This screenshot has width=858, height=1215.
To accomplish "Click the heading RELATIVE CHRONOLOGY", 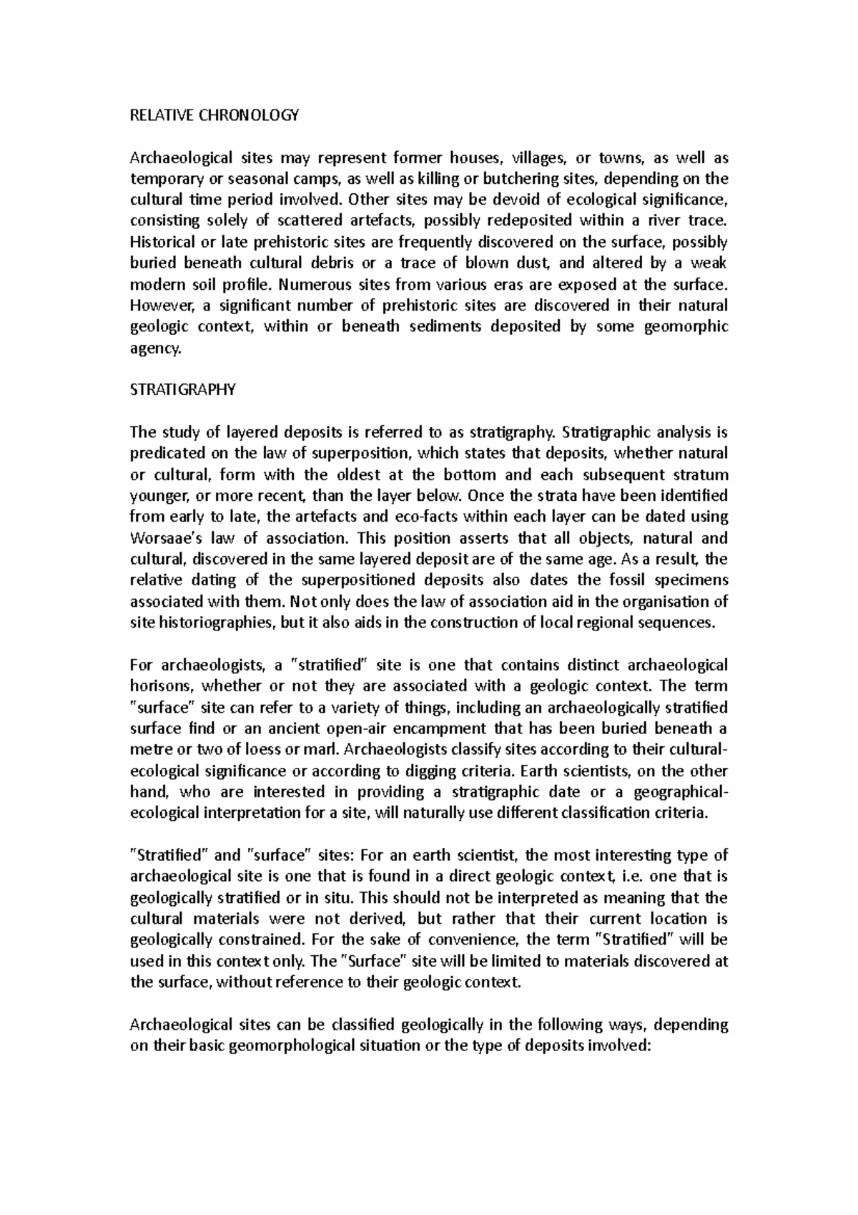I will click(x=214, y=115).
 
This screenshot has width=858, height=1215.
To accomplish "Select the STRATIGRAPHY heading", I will click(x=182, y=390).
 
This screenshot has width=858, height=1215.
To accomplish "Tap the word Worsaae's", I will click(x=165, y=538).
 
